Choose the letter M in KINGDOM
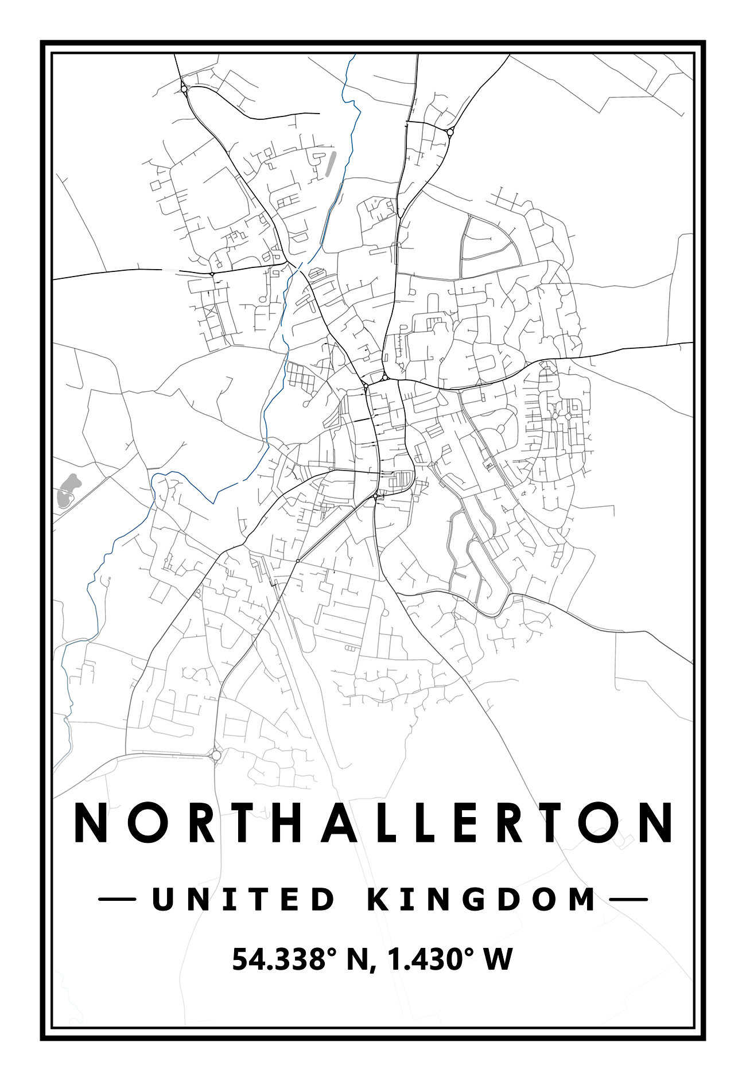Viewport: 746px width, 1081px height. point(581,900)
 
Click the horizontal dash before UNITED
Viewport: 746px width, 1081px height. point(117,900)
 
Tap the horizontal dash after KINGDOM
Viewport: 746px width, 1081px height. point(628,900)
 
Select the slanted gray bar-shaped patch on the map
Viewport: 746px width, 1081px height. point(329,163)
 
